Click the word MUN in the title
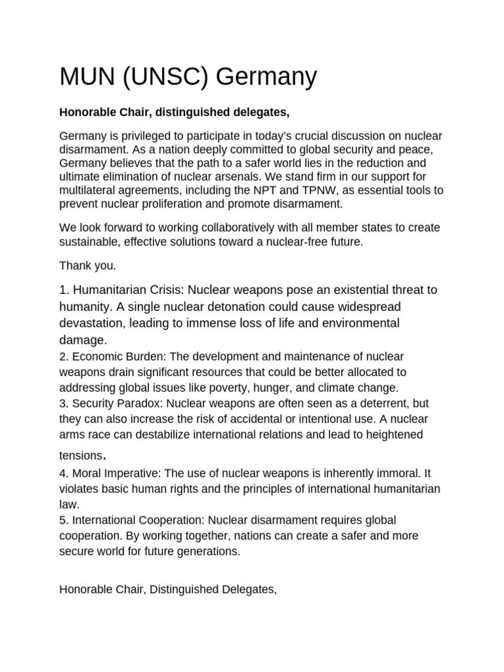[x=85, y=77]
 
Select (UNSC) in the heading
[x=163, y=77]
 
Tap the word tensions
[x=81, y=455]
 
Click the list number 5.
[x=62, y=520]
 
